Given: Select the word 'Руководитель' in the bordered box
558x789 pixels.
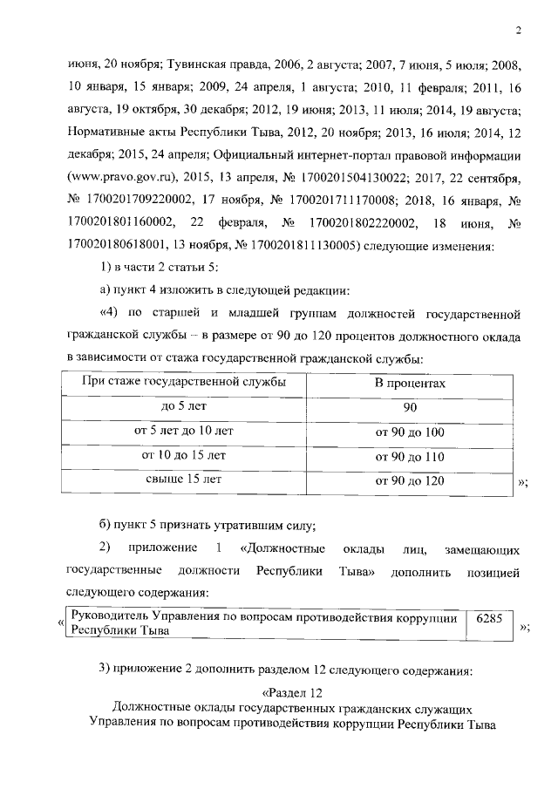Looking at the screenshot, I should (x=110, y=617).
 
